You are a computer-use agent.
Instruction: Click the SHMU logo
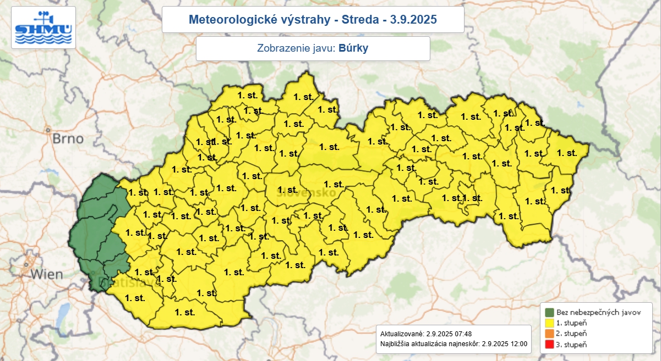(x=43, y=28)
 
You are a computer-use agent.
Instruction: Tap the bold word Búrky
(x=353, y=48)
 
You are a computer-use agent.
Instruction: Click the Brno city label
(x=68, y=138)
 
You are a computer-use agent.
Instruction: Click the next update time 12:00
(x=518, y=345)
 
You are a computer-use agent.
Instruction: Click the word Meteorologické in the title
(x=227, y=20)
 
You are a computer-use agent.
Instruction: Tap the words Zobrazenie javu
(x=296, y=48)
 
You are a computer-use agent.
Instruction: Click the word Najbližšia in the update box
(x=396, y=345)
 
